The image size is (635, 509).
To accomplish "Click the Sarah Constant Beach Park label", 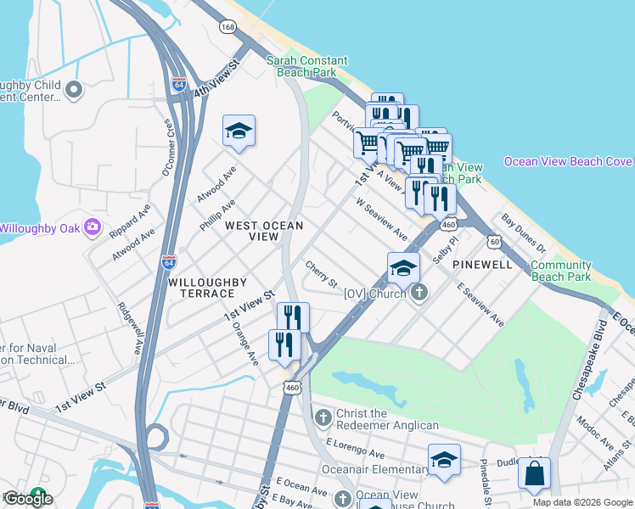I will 306,66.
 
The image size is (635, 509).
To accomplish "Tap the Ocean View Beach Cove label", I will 567,161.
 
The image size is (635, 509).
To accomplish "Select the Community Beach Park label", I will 560,271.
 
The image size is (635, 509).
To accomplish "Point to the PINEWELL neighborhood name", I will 481,265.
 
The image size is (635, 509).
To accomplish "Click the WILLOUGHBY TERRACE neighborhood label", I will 207,287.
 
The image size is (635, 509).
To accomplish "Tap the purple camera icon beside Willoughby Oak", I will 93,228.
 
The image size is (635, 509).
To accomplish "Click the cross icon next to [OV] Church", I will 418,294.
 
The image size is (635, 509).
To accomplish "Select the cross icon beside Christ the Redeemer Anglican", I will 323,417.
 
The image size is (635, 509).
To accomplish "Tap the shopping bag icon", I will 534,474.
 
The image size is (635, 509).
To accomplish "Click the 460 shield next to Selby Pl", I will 449,224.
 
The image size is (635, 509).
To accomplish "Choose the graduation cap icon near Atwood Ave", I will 239,131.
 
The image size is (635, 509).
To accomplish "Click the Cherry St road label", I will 322,273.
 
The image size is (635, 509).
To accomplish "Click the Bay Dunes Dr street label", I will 523,232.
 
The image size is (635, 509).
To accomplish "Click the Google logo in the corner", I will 29,499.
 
